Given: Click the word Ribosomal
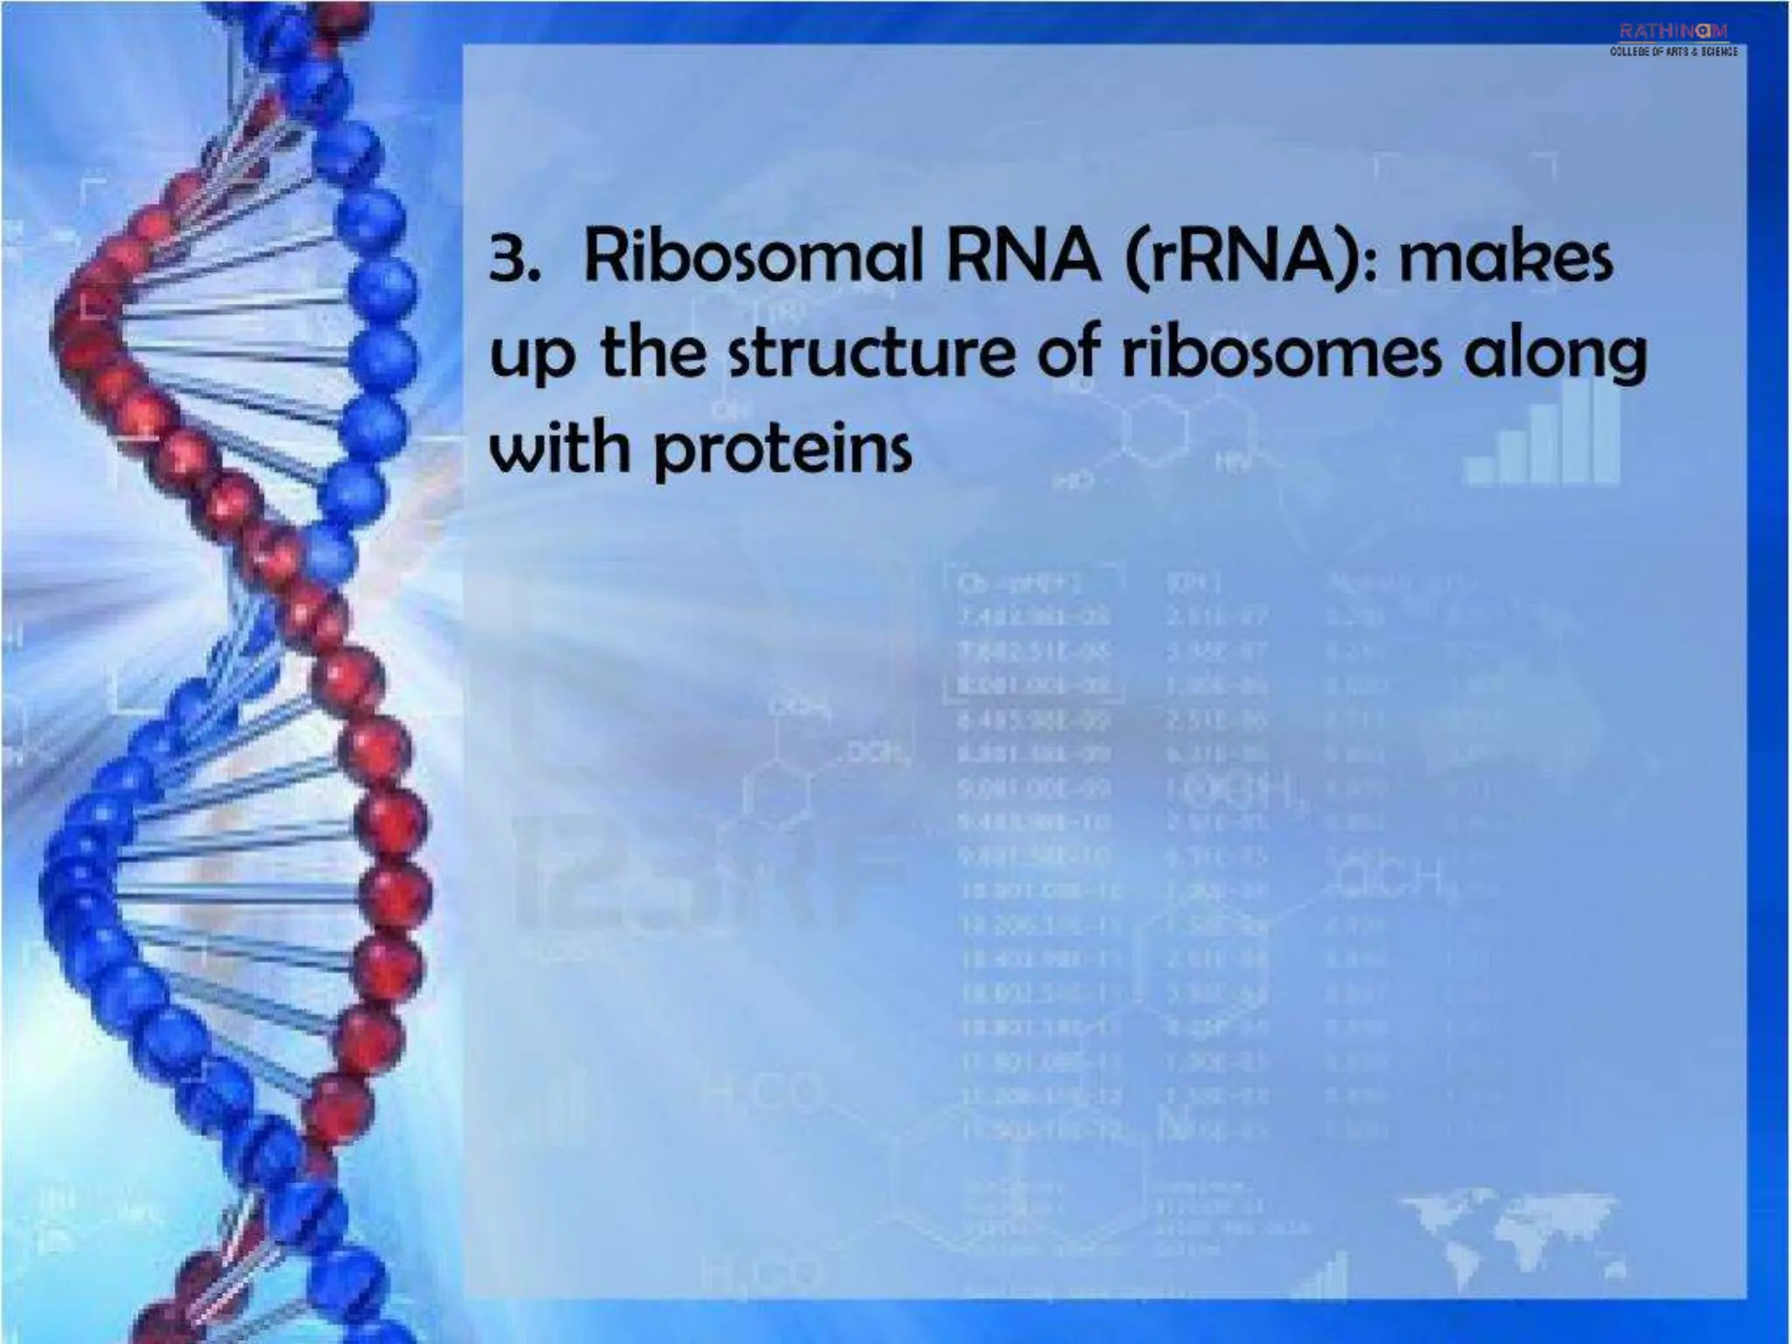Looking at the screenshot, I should pyautogui.click(x=748, y=257).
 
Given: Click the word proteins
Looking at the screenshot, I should pyautogui.click(x=782, y=451).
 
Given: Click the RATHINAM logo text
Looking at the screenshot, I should pyautogui.click(x=1673, y=32).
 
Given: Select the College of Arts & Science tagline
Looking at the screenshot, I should pyautogui.click(x=1673, y=52).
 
